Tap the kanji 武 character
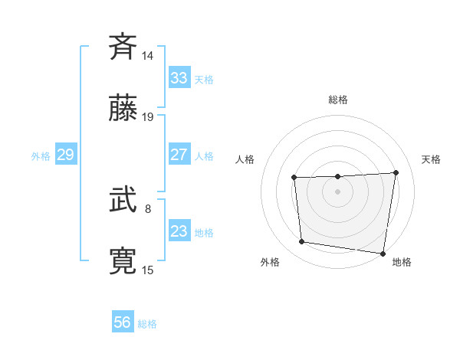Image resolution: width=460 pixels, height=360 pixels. coord(123,200)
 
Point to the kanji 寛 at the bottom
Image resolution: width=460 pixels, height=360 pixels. coord(123,261)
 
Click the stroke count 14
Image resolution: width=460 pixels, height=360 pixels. coord(148,56)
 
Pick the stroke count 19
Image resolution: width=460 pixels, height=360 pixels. coord(148,117)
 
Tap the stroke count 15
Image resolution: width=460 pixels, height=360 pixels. coord(148,270)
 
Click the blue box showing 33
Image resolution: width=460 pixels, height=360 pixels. coord(179,78)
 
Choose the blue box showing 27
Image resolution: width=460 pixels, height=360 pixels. coord(179,155)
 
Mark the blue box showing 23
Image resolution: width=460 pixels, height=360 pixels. coord(179,231)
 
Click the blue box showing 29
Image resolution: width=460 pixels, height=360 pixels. coord(65,155)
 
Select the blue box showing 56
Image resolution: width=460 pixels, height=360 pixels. coord(123,322)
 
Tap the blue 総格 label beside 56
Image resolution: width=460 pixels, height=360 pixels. coord(147,324)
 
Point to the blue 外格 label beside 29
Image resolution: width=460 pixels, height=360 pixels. coord(41,156)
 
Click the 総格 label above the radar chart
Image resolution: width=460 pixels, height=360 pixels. coord(338,100)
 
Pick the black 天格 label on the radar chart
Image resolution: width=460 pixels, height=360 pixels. coord(431,159)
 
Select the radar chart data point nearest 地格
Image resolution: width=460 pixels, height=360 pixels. coord(383,253)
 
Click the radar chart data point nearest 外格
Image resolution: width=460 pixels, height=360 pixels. coord(302,242)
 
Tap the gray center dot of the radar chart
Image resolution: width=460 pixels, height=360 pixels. coord(337,191)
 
